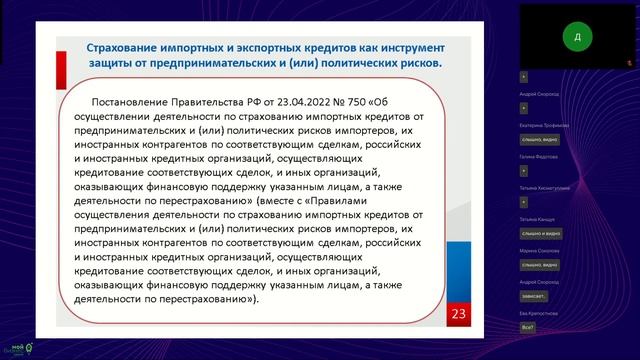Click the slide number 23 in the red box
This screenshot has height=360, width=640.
pos(460,316)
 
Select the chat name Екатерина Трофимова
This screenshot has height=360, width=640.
pos(545,125)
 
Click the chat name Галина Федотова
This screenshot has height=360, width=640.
pos(540,156)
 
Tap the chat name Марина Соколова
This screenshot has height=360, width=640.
pos(540,250)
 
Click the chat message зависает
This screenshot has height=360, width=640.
pos(534,296)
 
